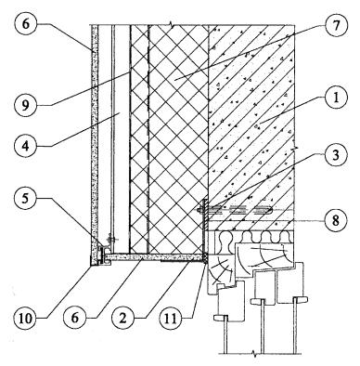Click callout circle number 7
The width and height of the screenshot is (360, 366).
[336, 25]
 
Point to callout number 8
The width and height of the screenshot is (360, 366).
[336, 220]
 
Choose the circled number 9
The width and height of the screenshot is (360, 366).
[26, 105]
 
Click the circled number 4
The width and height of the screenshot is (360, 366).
[26, 146]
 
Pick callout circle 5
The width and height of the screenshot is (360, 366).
[26, 198]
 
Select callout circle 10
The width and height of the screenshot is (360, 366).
[26, 319]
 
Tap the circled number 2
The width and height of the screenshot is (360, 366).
[123, 319]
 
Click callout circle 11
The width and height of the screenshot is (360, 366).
[172, 319]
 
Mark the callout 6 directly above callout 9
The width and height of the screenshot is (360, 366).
[26, 25]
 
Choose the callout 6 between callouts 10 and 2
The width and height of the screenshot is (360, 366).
[75, 319]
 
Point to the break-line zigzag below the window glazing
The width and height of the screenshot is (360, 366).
[255, 353]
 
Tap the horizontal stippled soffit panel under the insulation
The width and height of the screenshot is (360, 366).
[154, 256]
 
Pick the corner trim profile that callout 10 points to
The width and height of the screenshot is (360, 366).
[99, 258]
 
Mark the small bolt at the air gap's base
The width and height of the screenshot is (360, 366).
[110, 239]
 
